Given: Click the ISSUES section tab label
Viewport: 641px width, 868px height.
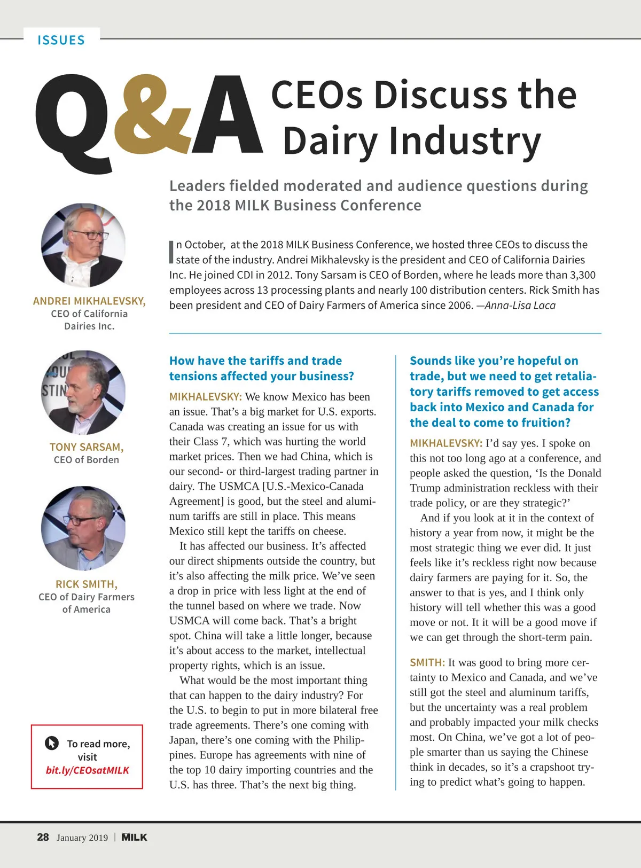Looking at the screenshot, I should tap(61, 41).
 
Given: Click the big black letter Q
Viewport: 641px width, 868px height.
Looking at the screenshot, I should tap(75, 120).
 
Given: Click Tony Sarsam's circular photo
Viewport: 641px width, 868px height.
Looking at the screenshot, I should tap(83, 392).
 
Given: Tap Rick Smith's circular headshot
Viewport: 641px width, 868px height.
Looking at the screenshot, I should tap(83, 528).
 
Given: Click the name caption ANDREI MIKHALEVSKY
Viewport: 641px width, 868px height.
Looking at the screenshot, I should tap(89, 301).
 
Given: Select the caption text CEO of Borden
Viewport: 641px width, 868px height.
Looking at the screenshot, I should tap(86, 460).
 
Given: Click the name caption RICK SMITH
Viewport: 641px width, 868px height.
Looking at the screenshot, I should tap(86, 584).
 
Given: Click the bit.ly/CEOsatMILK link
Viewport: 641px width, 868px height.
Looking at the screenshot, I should tap(88, 770).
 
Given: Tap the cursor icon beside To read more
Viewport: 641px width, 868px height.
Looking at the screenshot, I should tap(52, 743).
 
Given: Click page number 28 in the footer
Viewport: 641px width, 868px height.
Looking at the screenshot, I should tap(43, 837).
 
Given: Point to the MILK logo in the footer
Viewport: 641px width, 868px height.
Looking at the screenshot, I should tap(134, 837).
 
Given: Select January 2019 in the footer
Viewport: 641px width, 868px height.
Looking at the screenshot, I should tap(82, 838).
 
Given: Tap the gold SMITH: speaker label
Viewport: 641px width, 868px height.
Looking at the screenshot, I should tap(427, 663).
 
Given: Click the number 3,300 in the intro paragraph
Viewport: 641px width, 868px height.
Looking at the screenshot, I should tap(582, 275).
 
